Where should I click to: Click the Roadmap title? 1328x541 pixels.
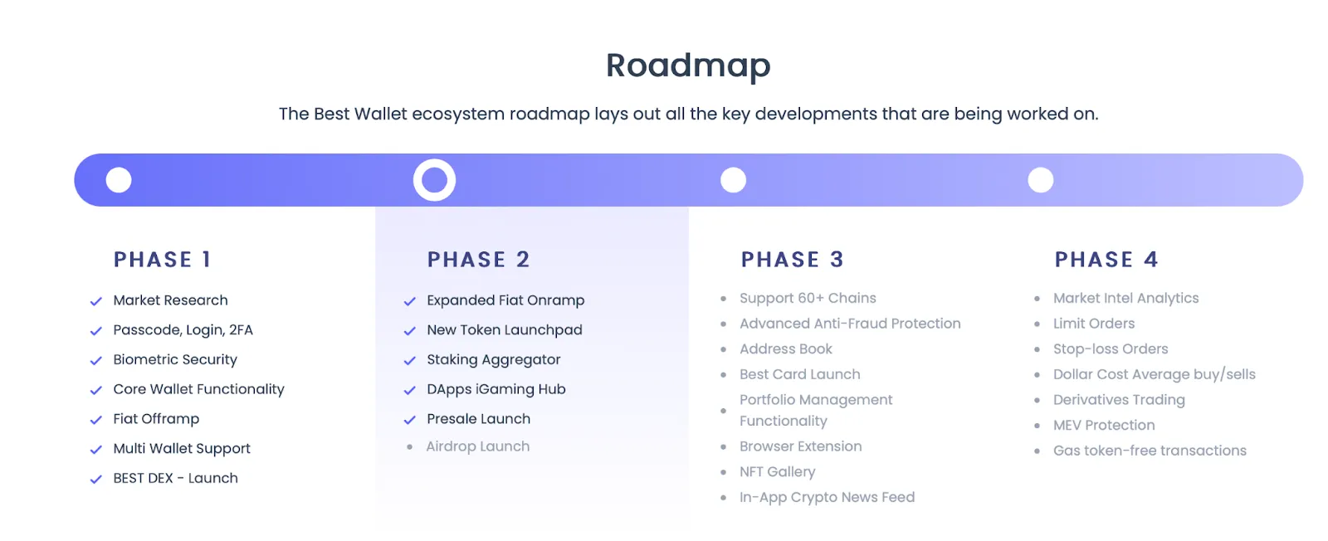(688, 66)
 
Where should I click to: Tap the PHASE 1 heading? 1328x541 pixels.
(163, 260)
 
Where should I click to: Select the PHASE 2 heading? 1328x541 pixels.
(478, 260)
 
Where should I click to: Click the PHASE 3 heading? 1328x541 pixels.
(792, 260)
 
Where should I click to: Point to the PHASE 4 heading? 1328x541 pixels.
(1106, 260)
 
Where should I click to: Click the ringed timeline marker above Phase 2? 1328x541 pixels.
(435, 180)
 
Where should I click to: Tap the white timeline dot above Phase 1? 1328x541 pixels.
(119, 180)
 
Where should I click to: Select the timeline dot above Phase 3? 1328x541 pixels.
(733, 180)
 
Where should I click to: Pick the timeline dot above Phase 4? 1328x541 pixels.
(1041, 180)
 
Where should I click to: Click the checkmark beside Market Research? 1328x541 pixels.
(96, 301)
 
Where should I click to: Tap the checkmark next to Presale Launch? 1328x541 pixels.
(409, 420)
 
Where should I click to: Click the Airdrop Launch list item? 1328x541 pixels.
(477, 446)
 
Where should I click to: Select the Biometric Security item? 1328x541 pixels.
(175, 359)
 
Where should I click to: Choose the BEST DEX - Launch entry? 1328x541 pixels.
(175, 478)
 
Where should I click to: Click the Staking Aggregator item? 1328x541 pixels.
(493, 359)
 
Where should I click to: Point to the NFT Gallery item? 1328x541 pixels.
(777, 471)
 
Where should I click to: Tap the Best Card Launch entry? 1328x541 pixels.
(799, 374)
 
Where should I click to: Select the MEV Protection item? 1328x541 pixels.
(1104, 425)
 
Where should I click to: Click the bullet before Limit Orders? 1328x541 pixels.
(1037, 324)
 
